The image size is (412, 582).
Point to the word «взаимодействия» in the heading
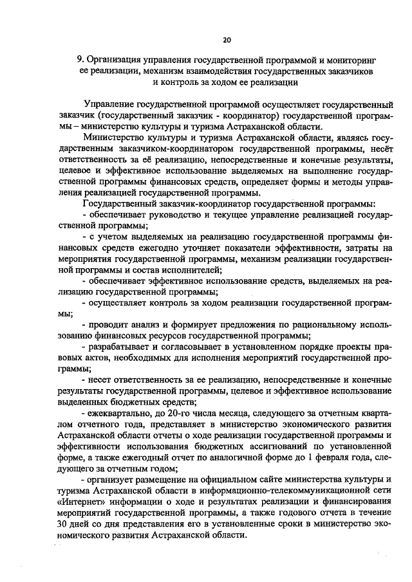211,71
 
